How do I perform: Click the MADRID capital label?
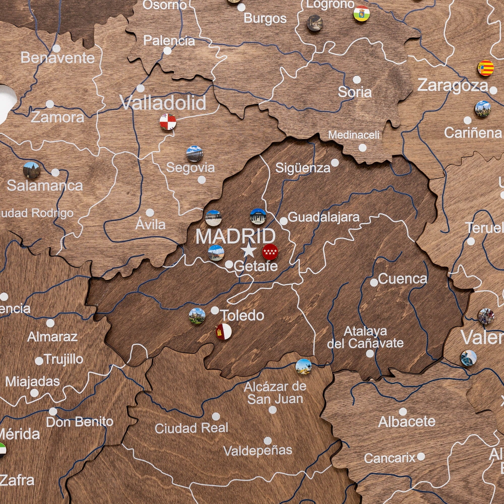235,236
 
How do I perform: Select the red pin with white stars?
270,252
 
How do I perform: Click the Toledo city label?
243,316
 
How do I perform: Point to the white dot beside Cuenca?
374,282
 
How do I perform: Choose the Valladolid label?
163,103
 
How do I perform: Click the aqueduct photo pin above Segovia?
194,154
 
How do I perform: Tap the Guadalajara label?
324,217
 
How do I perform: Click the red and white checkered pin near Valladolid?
168,122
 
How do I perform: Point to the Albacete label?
406,422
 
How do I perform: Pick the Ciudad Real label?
191,428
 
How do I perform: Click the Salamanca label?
45,186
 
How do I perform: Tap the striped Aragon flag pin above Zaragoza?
486,68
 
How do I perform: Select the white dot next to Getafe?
229,264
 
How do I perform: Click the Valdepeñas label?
258,450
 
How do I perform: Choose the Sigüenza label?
303,168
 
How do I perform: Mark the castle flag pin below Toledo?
223,332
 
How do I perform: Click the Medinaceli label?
354,135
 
